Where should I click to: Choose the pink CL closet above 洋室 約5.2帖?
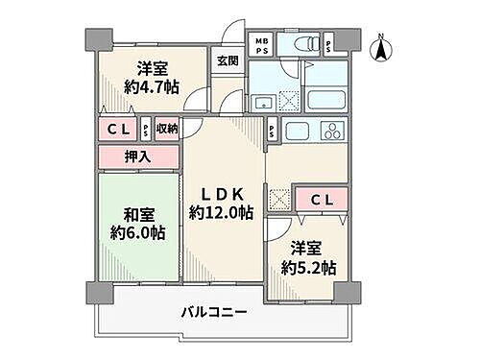pyautogui.click(x=323, y=199)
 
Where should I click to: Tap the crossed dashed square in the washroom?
pyautogui.click(x=282, y=198)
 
